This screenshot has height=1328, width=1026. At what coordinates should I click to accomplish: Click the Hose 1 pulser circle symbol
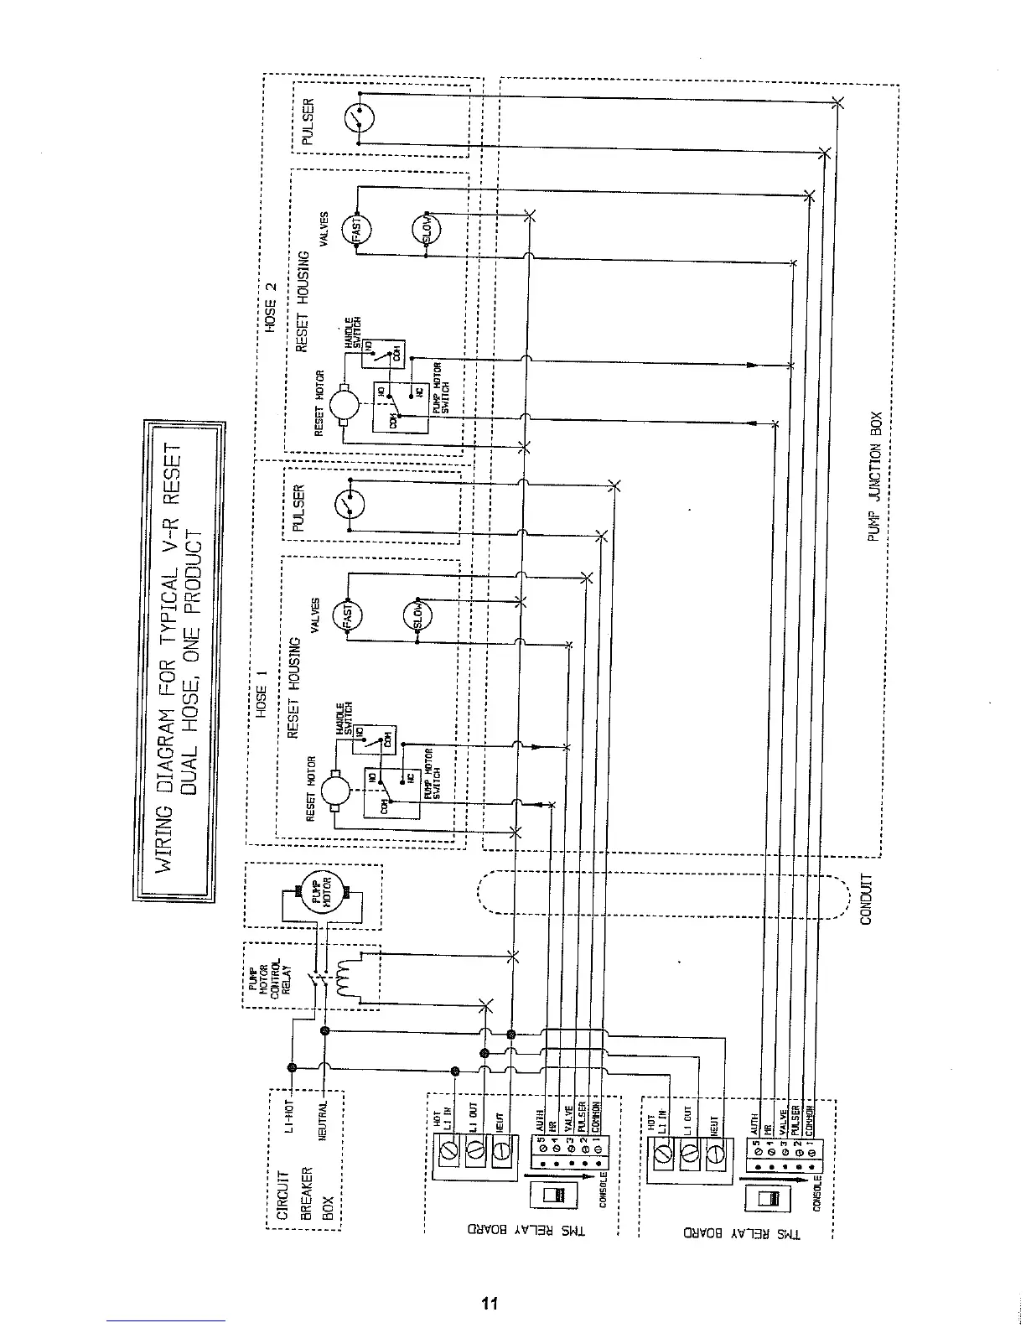tap(350, 505)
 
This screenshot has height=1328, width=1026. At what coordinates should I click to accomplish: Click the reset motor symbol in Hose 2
tap(345, 406)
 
